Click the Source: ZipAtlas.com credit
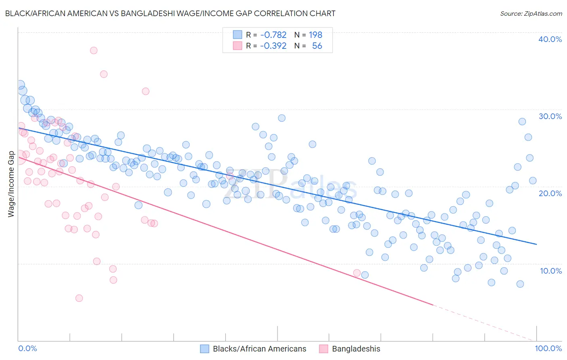point(531,13)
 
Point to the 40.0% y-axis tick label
point(550,39)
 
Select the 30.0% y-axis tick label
point(550,116)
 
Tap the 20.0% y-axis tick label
point(550,193)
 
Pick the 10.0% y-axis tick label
point(550,270)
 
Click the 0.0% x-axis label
point(27,348)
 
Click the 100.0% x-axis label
point(548,348)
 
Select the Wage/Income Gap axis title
point(11,184)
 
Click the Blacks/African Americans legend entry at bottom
point(259,349)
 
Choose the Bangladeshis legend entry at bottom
point(356,349)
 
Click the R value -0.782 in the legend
point(273,35)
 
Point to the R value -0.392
point(273,46)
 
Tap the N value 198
point(315,35)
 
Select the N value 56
point(317,46)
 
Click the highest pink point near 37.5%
point(94,50)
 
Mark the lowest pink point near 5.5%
point(79,298)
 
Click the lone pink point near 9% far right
point(357,273)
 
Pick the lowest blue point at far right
point(520,284)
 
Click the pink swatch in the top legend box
point(238,46)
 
